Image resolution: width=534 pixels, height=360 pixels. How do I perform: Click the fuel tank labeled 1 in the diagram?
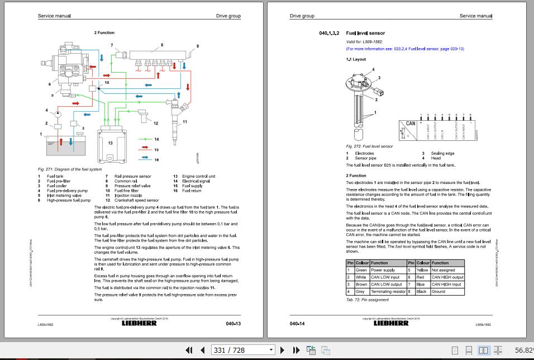66,147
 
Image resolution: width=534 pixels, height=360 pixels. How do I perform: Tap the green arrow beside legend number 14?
145,139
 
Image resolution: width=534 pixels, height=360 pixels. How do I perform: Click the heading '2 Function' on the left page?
104,33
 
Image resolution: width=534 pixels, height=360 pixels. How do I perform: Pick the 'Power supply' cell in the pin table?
383,270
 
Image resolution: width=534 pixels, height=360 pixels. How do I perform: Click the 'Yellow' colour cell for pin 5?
423,270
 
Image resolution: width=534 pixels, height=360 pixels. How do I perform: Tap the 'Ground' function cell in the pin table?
438,291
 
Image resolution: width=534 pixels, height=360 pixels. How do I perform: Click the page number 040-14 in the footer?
297,324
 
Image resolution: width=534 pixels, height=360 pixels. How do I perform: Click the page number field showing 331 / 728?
242,350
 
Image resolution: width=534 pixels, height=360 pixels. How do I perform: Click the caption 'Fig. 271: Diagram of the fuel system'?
70,169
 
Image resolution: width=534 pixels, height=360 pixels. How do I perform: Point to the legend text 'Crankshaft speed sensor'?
137,200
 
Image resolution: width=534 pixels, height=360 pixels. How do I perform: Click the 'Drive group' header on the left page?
228,16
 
